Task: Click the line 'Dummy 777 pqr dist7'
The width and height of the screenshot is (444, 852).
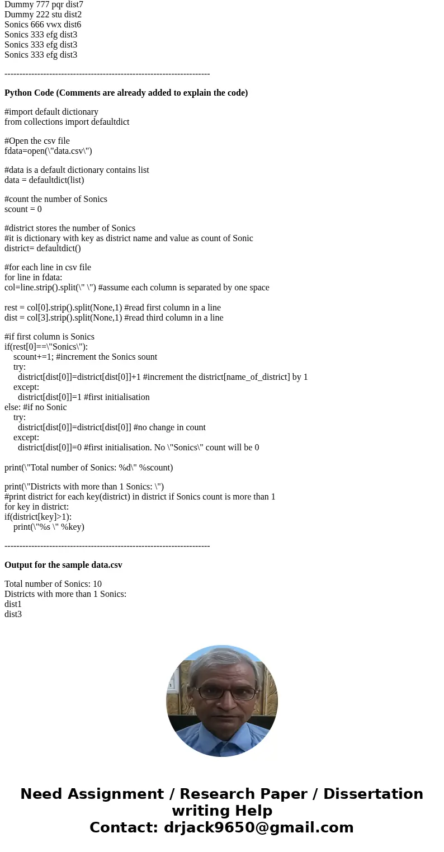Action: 44,4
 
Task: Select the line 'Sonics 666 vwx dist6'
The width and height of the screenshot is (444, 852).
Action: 42,25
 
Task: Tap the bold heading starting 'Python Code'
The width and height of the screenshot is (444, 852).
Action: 126,93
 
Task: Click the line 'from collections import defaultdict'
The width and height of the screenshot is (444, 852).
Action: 67,122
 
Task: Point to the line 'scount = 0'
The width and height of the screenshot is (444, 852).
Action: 23,209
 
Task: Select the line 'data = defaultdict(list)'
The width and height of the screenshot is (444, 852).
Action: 44,180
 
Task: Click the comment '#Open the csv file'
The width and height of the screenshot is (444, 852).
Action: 37,141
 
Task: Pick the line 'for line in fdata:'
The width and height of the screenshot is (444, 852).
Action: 33,277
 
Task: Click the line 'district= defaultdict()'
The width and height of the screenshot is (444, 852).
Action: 42,248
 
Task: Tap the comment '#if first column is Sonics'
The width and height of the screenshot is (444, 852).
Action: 49,337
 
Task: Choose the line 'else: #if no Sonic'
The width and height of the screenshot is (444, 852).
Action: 35,407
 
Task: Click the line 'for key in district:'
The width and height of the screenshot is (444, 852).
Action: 36,507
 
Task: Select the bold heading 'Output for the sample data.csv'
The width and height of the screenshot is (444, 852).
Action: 63,565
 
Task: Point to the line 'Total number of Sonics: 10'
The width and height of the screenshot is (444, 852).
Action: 53,584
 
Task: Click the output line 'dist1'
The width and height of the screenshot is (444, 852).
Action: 13,604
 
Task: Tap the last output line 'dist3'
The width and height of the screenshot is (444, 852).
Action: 13,614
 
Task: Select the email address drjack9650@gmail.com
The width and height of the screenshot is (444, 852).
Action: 258,828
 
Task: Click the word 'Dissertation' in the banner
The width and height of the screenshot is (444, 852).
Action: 373,794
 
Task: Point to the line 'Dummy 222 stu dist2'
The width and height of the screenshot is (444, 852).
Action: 43,15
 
